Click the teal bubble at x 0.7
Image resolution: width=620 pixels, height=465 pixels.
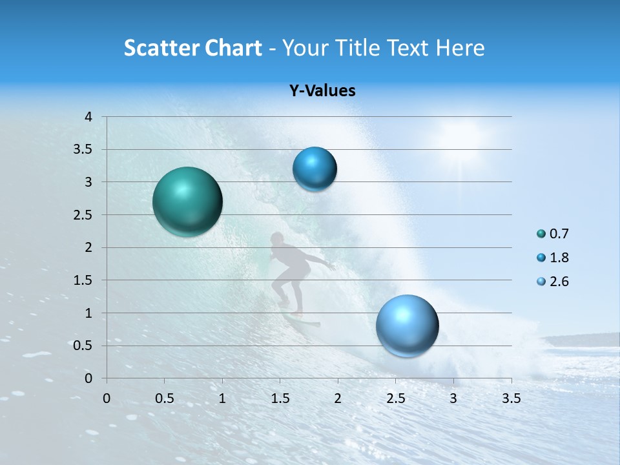click(x=187, y=201)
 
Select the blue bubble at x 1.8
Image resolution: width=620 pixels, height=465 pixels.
click(x=315, y=169)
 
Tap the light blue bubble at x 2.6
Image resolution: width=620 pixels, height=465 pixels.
click(x=407, y=325)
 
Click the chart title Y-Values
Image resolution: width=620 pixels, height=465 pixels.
click(x=322, y=91)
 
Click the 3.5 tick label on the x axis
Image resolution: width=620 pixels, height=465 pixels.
click(x=511, y=398)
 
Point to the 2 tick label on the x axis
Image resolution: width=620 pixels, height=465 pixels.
click(x=338, y=398)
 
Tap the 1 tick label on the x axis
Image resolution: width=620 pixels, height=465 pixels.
click(x=222, y=398)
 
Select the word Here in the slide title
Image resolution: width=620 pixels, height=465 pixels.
click(x=459, y=48)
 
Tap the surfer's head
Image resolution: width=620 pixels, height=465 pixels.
click(x=277, y=238)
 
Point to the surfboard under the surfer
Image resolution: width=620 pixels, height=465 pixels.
click(x=304, y=320)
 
